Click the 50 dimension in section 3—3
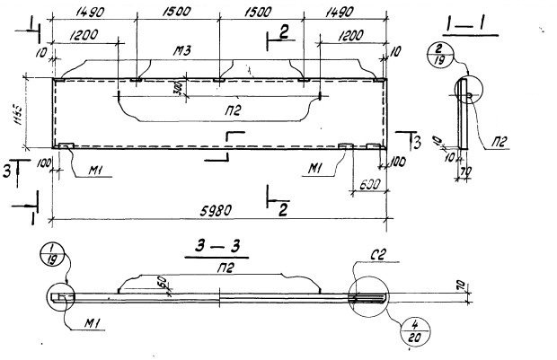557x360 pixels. click(x=160, y=283)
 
